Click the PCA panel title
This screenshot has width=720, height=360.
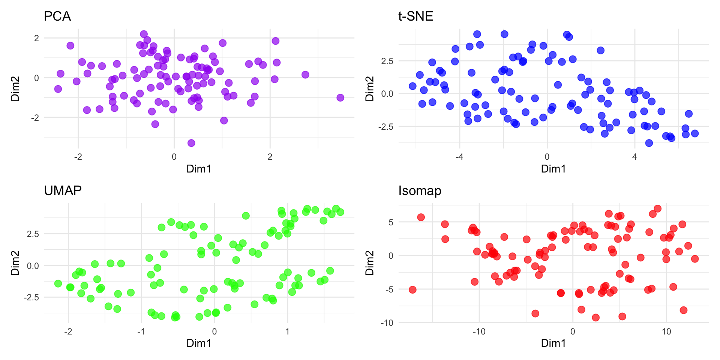point(57,16)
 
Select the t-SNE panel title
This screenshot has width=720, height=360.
point(415,16)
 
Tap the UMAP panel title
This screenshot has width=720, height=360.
point(63,190)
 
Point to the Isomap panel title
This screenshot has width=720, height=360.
point(420,190)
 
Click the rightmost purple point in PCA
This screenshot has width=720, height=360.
point(340,97)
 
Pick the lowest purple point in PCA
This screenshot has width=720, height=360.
point(191,143)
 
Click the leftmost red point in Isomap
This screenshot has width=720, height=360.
point(412,289)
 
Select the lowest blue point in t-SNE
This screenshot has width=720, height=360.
point(649,143)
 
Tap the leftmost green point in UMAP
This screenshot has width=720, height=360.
point(58,283)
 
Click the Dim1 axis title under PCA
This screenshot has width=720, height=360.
point(199,169)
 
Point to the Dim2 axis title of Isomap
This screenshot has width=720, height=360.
point(370,263)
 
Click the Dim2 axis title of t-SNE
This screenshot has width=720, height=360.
point(370,89)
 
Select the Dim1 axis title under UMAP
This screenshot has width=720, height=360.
point(199,343)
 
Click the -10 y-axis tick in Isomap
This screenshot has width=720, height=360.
point(387,323)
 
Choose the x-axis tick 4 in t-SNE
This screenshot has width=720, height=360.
point(634,157)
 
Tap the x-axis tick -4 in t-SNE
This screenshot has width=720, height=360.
point(459,157)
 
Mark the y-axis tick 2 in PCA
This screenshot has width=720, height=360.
point(36,38)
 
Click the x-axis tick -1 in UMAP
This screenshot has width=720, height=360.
point(141,331)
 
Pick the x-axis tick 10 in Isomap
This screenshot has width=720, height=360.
point(666,331)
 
